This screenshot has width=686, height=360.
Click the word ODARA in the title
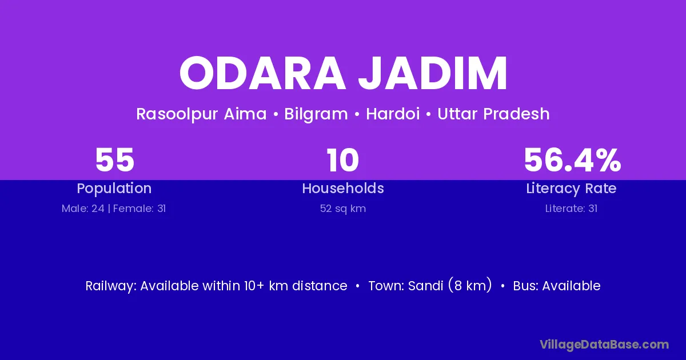coord(262,73)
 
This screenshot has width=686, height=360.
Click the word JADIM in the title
coord(433,73)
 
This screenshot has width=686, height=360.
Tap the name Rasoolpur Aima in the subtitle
coord(201,114)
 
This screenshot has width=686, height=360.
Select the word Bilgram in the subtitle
coord(316,114)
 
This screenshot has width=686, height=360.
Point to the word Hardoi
coord(393,114)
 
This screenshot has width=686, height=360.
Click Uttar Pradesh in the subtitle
coord(493,114)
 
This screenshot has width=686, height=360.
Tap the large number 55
coord(114,160)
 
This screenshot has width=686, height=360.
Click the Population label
coord(114,189)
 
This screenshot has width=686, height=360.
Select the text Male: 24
coord(83,209)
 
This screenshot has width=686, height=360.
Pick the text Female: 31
coord(139,209)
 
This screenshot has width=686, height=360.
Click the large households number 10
coord(342,160)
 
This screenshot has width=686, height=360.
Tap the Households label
coord(343,188)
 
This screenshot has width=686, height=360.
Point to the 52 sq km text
coord(342,209)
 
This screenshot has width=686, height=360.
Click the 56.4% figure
coord(572,160)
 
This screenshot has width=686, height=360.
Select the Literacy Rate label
coord(571,189)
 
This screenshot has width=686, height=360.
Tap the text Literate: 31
coord(571,209)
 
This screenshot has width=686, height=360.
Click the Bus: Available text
coord(556,286)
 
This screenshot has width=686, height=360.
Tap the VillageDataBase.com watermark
coord(604,345)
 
